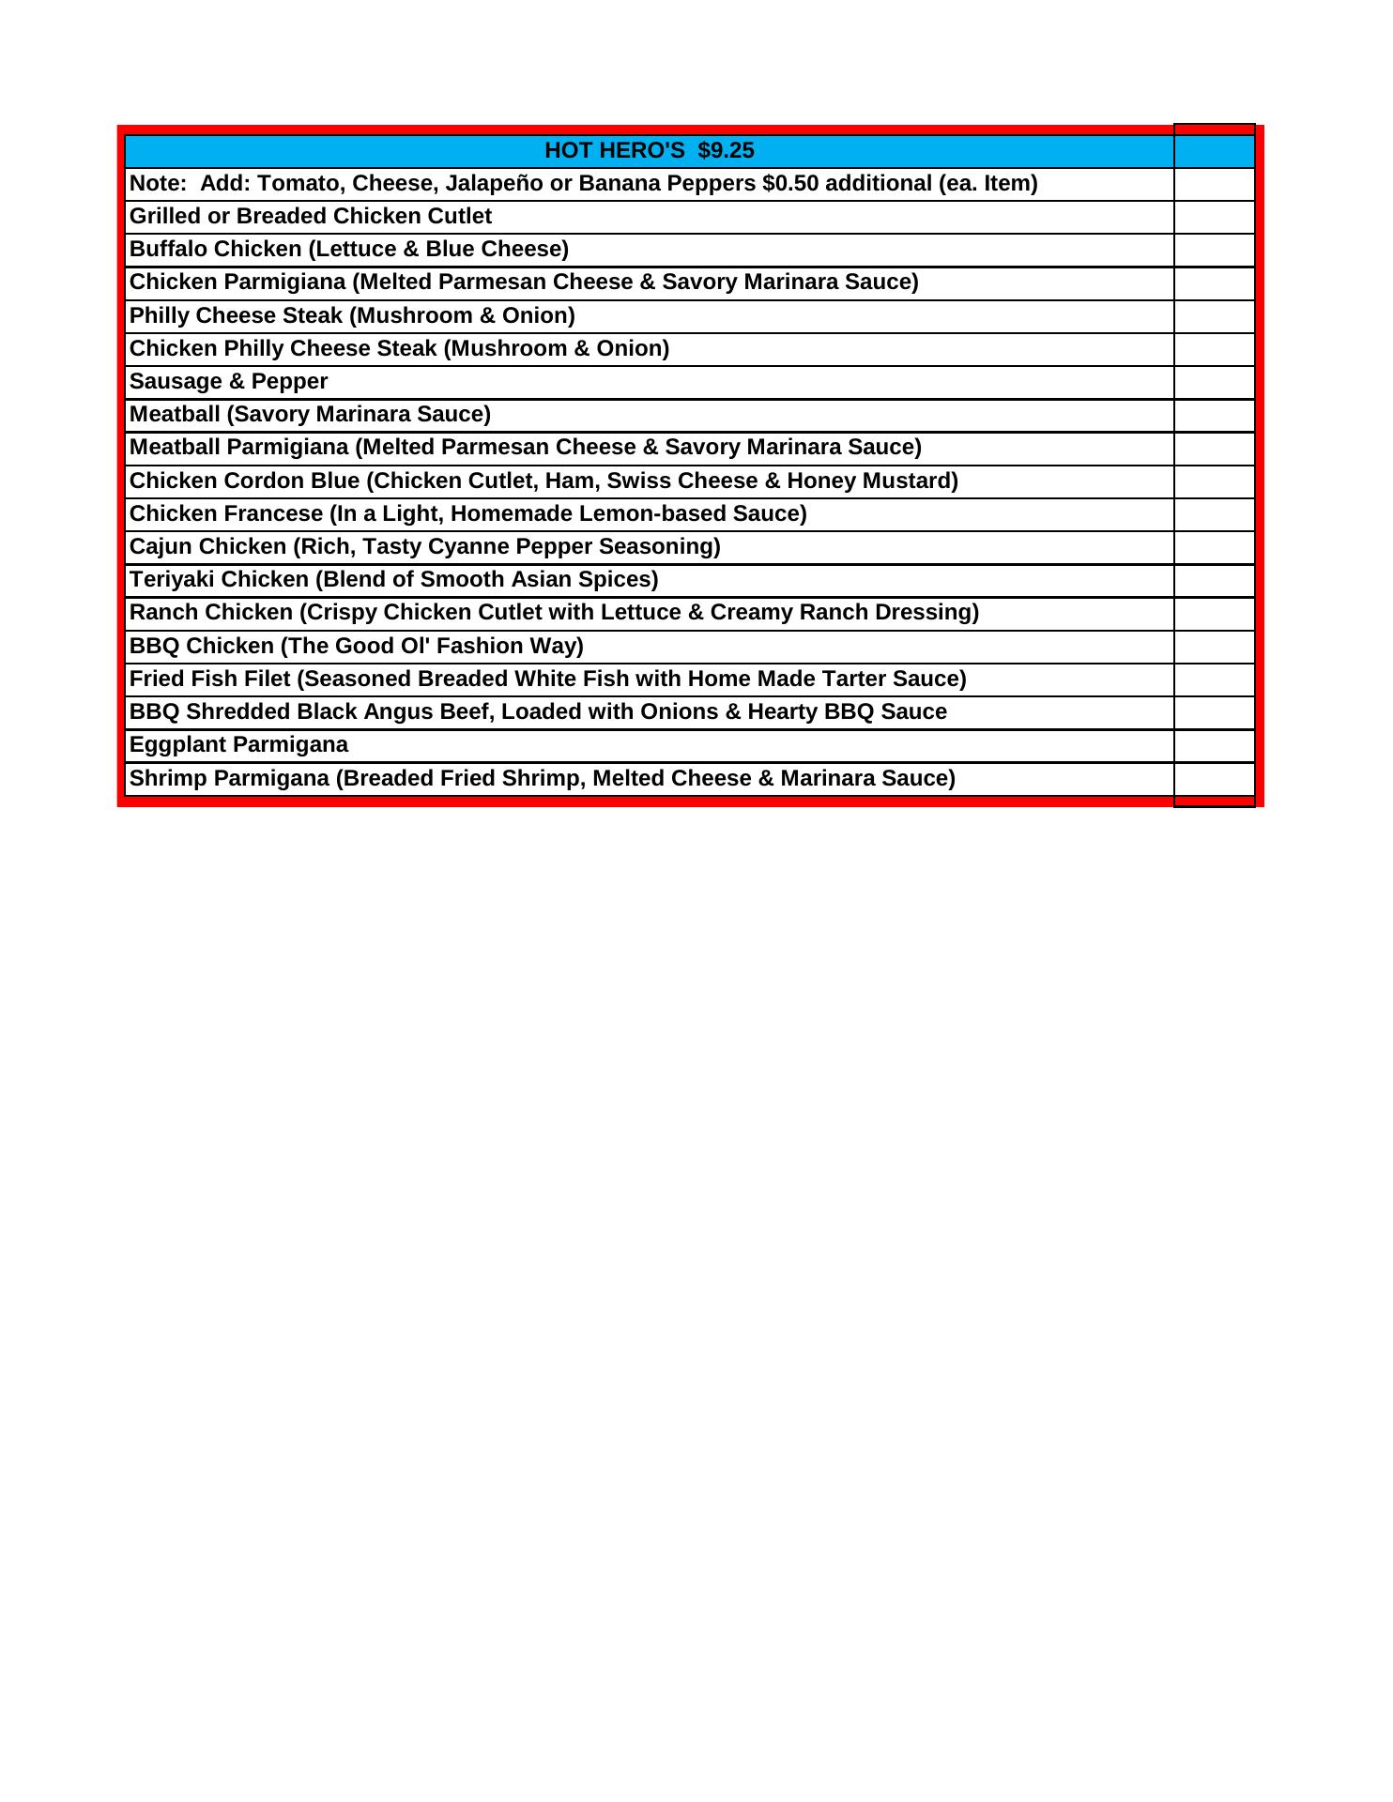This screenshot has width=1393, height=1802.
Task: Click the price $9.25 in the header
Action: pos(726,151)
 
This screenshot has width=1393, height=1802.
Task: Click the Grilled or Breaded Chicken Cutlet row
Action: pos(311,217)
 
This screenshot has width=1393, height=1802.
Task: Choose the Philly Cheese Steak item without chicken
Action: pos(352,316)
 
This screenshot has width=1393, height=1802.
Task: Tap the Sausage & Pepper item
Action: pos(229,382)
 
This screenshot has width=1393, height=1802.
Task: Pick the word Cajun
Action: pos(161,547)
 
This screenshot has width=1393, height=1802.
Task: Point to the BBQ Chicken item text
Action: pos(357,647)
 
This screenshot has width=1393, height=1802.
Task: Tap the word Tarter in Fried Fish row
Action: pos(855,680)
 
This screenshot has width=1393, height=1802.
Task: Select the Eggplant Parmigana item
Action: pos(238,745)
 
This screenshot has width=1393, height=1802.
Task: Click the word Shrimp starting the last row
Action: pos(168,779)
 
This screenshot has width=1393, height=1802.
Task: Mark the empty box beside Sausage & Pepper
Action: pos(1214,382)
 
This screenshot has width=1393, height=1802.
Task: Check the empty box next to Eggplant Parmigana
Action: pos(1214,746)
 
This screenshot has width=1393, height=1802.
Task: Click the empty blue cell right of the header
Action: pos(1214,151)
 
